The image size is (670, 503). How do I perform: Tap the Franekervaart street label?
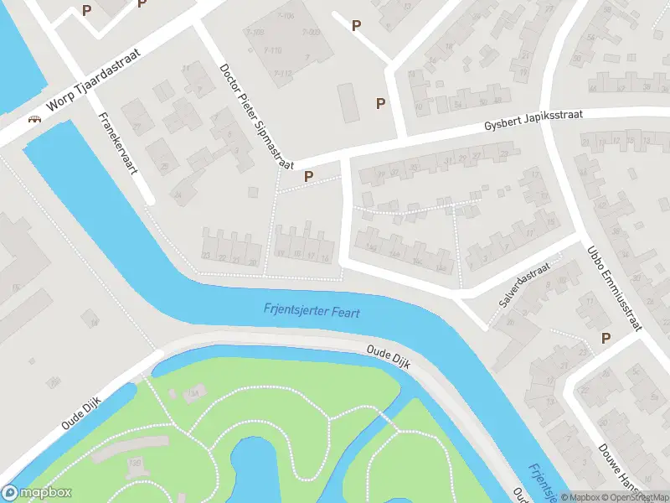117,142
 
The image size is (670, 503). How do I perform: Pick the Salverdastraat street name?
524,284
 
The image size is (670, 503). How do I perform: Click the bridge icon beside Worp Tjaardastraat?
34,119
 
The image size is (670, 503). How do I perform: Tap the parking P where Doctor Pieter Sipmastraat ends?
309,177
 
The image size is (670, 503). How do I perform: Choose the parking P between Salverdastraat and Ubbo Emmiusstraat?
606,339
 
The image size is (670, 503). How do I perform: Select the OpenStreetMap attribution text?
633,497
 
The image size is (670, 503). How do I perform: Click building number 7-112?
282,73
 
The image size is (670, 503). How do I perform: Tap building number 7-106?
285,17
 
